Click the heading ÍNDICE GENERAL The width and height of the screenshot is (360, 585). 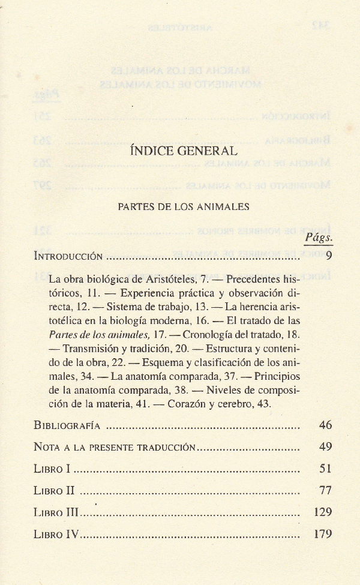pyautogui.click(x=183, y=151)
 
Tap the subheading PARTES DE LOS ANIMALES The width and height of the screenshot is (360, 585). pyautogui.click(x=183, y=207)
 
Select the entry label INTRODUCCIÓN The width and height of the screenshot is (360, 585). pyautogui.click(x=68, y=256)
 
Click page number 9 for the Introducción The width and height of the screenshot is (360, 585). pyautogui.click(x=329, y=256)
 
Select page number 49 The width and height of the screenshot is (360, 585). pyautogui.click(x=325, y=447)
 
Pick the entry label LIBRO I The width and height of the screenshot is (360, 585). pyautogui.click(x=52, y=469)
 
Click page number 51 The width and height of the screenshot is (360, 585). pyautogui.click(x=325, y=469)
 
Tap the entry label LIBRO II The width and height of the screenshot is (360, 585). pyautogui.click(x=54, y=490)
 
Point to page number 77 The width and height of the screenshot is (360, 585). pyautogui.click(x=325, y=490)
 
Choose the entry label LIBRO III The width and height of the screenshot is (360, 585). pyautogui.click(x=56, y=512)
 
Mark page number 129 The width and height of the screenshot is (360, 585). pyautogui.click(x=323, y=512)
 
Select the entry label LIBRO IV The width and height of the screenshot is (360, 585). pyautogui.click(x=56, y=534)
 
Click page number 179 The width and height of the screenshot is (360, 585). pyautogui.click(x=323, y=534)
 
